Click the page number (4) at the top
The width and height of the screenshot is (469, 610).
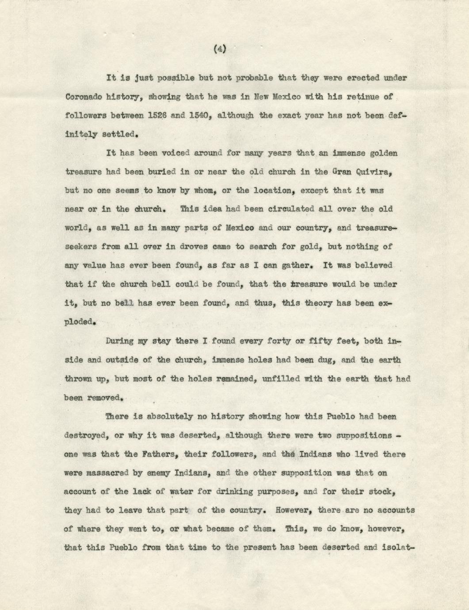coord(219,50)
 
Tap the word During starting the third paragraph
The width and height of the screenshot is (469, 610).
coord(120,341)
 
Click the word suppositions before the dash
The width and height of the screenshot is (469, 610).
coord(364,435)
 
